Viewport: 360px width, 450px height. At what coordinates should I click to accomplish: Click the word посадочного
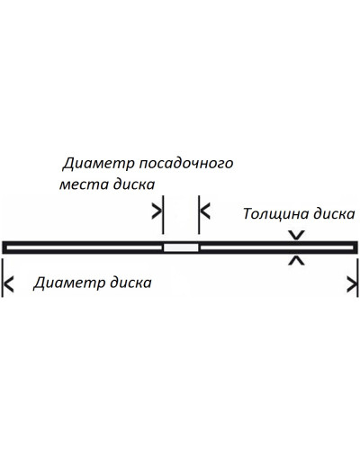186,164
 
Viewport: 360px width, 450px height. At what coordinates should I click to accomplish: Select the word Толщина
275,214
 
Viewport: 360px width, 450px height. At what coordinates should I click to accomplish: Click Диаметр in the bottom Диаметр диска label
69,283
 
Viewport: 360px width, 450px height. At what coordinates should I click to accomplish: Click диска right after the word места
134,184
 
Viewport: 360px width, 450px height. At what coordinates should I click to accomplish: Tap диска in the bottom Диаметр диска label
130,283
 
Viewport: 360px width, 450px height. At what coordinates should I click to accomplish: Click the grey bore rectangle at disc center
181,247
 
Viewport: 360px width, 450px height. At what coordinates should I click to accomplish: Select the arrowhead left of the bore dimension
157,211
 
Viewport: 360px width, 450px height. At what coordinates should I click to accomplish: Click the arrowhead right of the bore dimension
205,211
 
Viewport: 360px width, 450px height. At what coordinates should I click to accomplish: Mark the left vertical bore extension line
163,214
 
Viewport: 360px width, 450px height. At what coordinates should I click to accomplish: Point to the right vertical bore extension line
199,214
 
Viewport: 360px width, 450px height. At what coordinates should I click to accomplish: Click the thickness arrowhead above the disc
296,235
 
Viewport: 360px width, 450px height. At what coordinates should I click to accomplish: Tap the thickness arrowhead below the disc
296,260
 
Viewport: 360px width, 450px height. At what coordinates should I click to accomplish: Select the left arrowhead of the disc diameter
9,284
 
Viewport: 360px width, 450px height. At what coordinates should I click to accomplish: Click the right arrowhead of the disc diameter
352,284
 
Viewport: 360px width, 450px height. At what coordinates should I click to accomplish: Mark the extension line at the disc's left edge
3,278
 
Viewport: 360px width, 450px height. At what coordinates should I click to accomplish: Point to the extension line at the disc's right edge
358,278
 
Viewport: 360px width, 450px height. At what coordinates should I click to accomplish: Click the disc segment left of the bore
83,247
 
